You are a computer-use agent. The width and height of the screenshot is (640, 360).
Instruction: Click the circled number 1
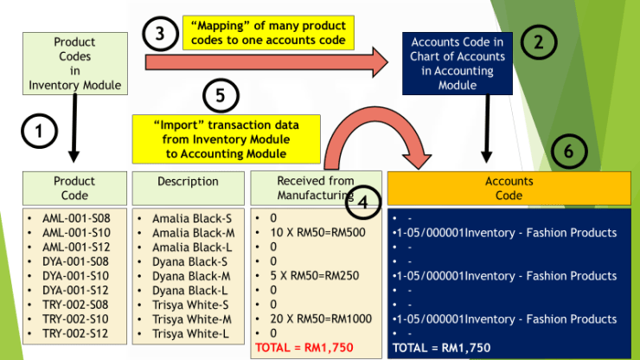(x=39, y=132)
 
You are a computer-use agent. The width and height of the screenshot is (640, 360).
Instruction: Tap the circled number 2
(x=540, y=42)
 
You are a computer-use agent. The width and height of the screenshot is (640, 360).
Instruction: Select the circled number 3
(x=159, y=35)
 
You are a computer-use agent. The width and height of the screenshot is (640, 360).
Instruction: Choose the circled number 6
(x=568, y=151)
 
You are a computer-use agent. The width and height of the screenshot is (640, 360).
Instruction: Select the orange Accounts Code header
(x=509, y=188)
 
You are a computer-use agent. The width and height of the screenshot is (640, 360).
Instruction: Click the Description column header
(x=188, y=182)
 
